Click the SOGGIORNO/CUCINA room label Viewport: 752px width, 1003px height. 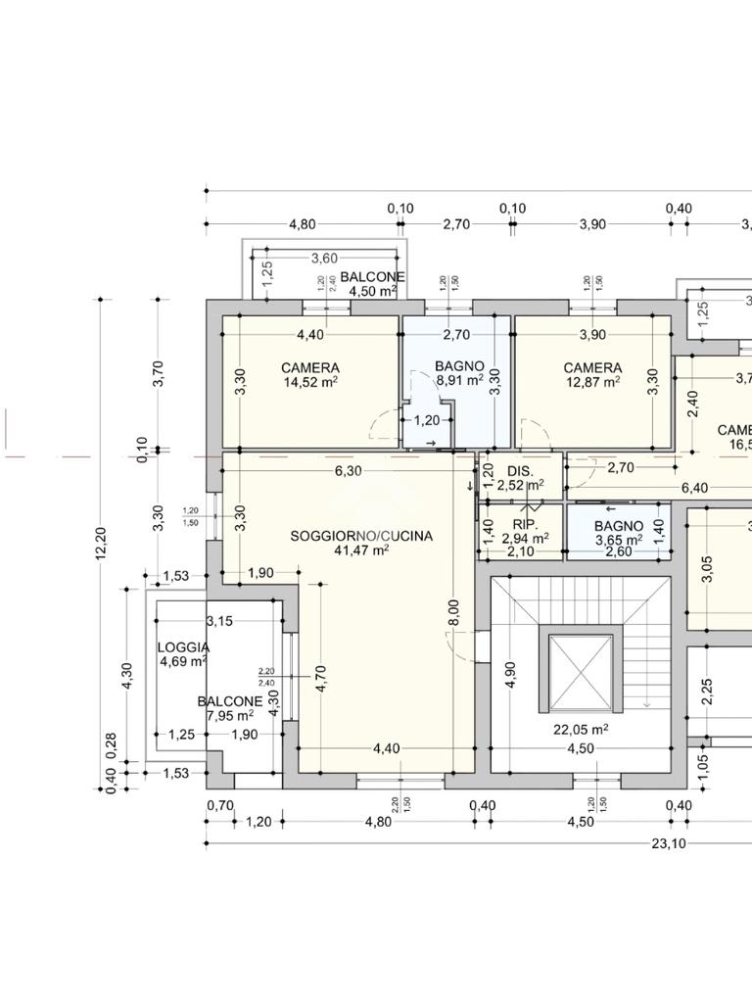(361, 536)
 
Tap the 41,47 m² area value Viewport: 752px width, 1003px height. (361, 550)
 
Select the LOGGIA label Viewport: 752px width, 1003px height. (183, 647)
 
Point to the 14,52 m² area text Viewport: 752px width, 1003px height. (310, 382)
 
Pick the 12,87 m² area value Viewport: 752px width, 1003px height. (592, 382)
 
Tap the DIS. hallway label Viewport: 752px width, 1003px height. (520, 471)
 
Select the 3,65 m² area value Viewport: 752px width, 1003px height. (618, 540)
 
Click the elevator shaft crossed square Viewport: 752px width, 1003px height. (581, 673)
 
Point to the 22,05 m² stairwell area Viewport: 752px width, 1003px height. (581, 730)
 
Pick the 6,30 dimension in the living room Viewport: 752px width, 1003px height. (349, 470)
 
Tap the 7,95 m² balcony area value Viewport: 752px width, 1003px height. (229, 715)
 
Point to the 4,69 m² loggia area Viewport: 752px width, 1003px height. (183, 662)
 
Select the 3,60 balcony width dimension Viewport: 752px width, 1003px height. (324, 259)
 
